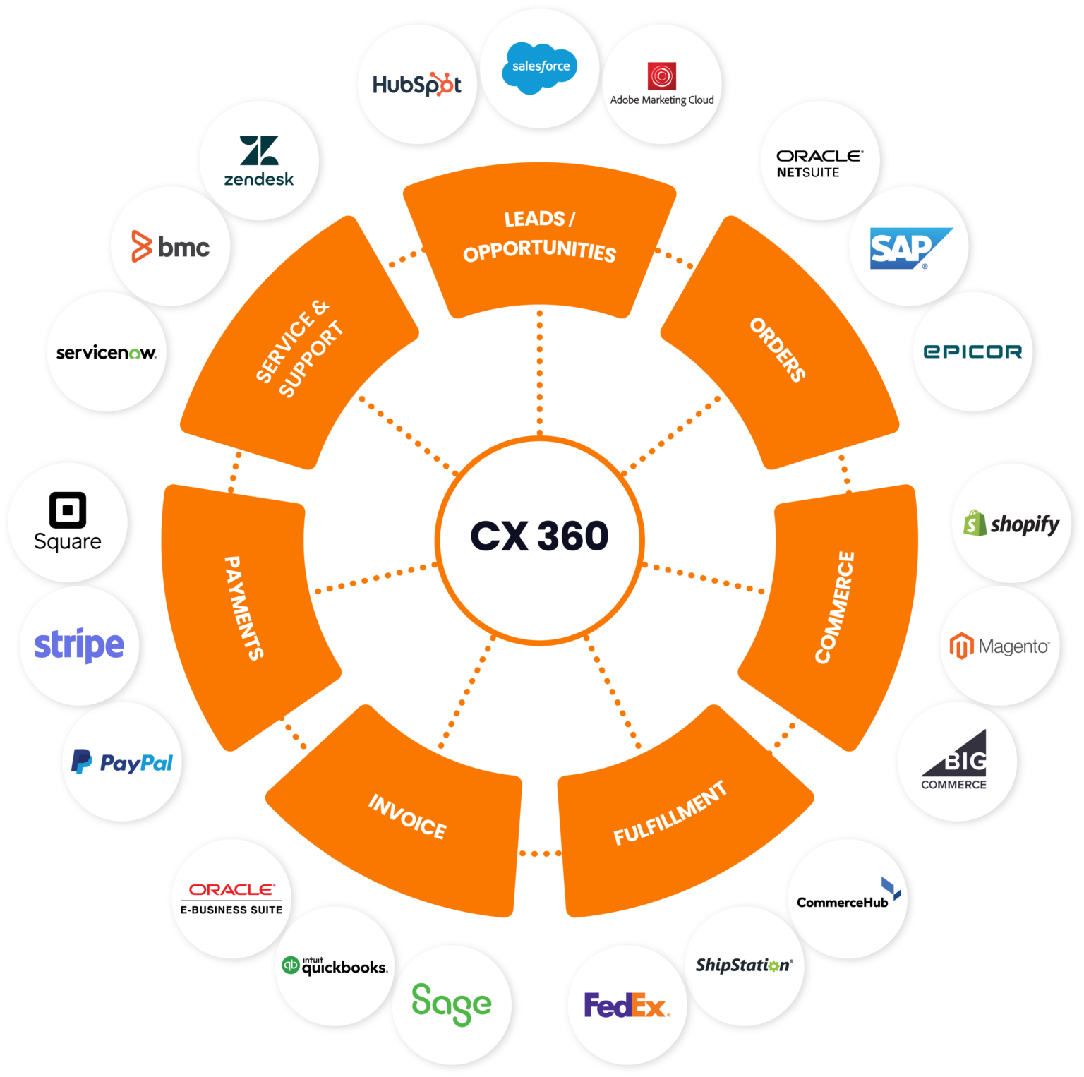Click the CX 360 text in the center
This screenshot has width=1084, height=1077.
pos(539,536)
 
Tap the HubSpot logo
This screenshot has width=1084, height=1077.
pos(416,85)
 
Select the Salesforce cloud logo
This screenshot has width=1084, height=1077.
pos(540,67)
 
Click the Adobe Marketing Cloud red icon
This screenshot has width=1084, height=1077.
pos(662,76)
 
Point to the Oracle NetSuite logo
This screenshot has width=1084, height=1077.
pos(819,163)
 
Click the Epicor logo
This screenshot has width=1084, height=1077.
pos(972,351)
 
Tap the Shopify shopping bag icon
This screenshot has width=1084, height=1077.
pos(975,523)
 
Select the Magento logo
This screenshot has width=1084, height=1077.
pos(999,646)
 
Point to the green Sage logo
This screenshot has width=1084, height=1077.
pos(452,1003)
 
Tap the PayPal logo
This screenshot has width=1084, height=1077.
pos(122,762)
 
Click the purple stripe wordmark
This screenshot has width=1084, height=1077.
pos(79,645)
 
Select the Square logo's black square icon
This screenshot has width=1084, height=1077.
pos(68,510)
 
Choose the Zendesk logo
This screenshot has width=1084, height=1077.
pos(259,161)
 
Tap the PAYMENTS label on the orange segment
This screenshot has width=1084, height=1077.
pos(243,608)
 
